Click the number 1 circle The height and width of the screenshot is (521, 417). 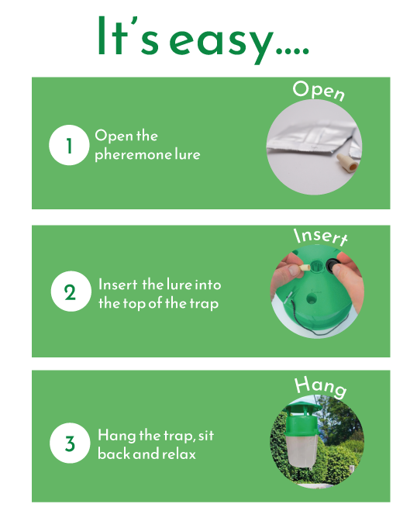(x=69, y=145)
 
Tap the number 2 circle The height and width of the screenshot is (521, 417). (x=71, y=292)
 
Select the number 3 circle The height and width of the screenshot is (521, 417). (x=70, y=443)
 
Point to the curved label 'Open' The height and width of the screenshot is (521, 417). (x=319, y=91)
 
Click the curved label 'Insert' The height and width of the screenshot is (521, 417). (x=321, y=236)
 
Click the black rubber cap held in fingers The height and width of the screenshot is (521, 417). (x=333, y=265)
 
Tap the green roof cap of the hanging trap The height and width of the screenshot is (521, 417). (x=302, y=407)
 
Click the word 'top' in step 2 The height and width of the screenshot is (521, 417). (x=135, y=304)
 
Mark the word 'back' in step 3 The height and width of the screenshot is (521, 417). (x=114, y=454)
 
